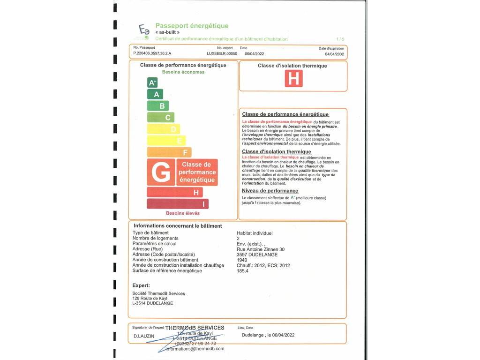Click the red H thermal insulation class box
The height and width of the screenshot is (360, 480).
294,78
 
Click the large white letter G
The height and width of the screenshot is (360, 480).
161,172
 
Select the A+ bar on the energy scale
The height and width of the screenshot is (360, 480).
152,83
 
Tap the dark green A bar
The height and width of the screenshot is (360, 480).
156,94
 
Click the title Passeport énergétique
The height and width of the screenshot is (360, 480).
192,26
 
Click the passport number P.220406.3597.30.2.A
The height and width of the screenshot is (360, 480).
152,54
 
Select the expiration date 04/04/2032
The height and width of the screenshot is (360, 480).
334,54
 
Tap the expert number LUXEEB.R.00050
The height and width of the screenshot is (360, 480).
222,54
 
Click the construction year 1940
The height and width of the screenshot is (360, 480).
243,260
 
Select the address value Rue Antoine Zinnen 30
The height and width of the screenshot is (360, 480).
261,249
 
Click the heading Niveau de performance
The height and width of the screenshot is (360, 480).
270,191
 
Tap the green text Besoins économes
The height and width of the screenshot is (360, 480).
183,72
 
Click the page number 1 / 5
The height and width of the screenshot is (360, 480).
340,39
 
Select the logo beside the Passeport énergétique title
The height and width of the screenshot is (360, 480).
143,31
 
